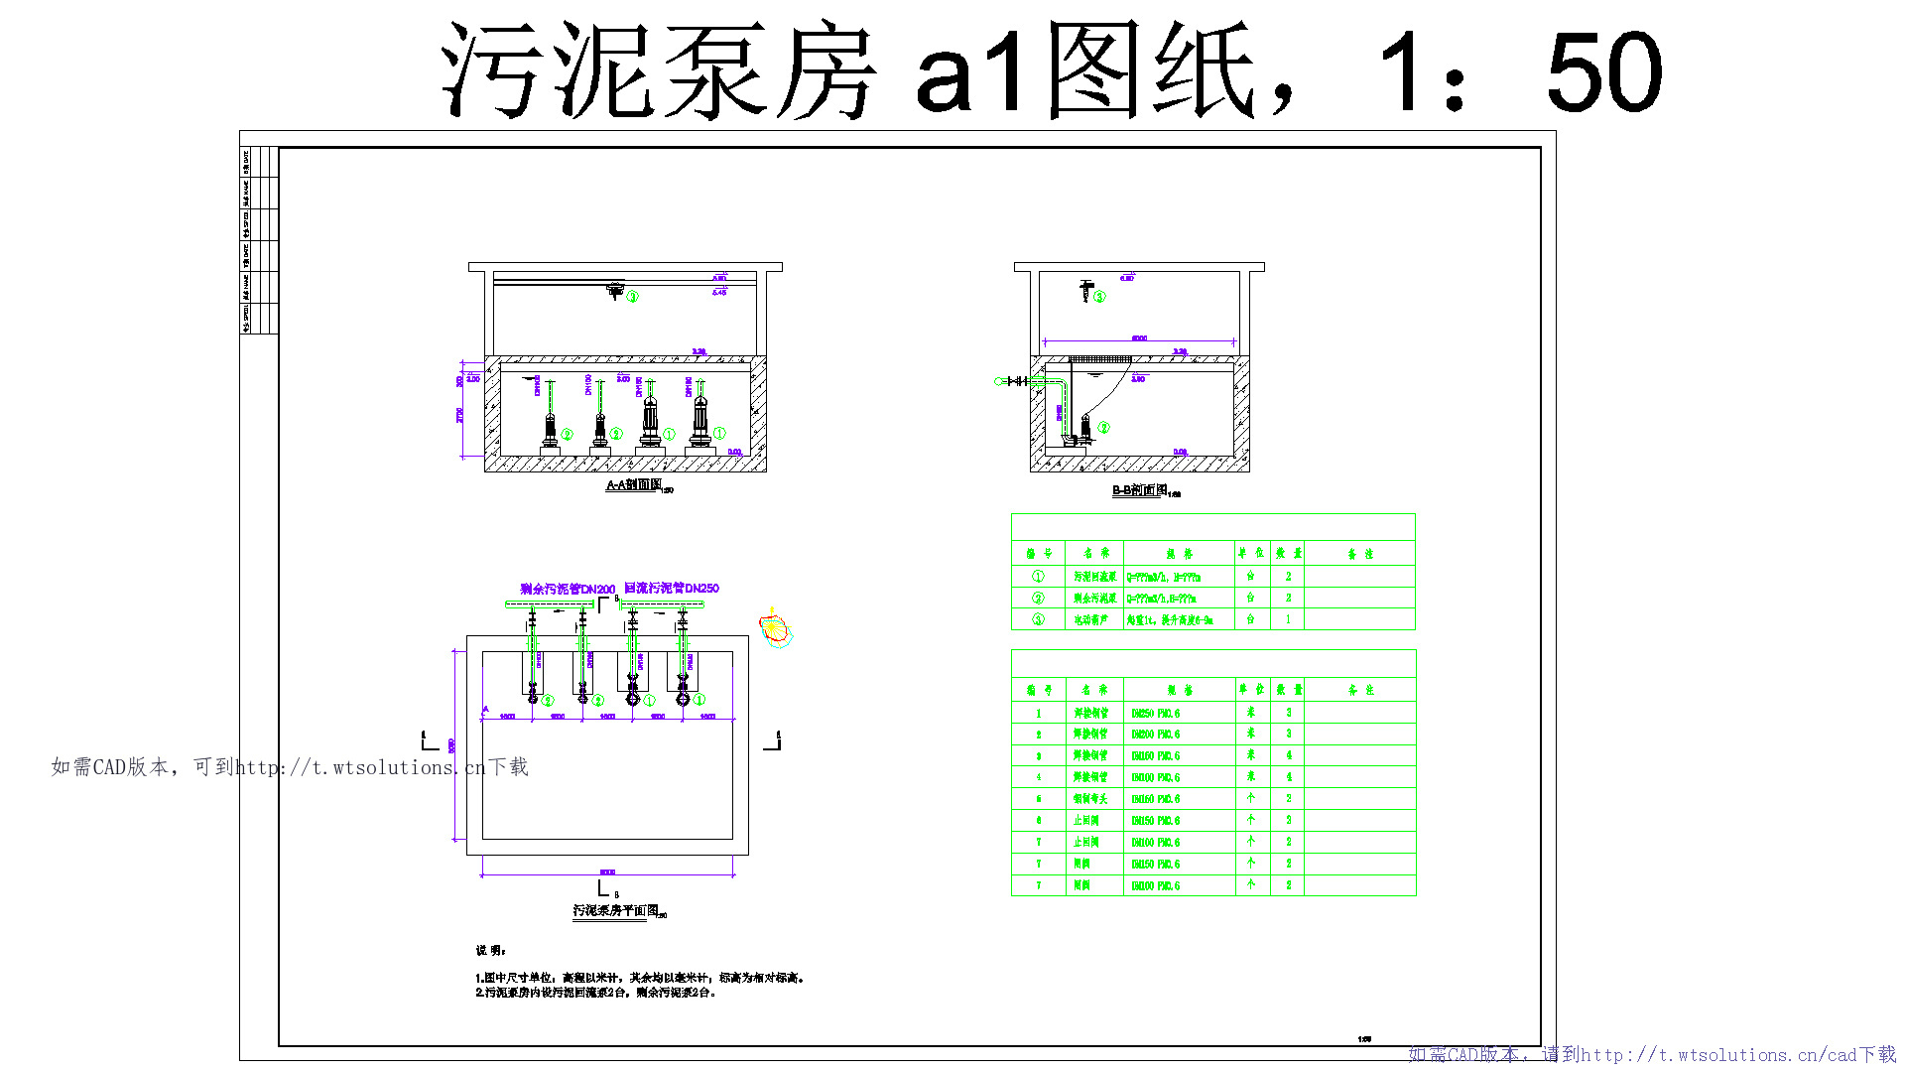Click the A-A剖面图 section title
click(x=634, y=485)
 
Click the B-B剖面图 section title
click(x=1140, y=490)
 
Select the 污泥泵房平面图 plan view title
click(x=615, y=910)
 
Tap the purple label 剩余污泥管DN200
click(x=568, y=590)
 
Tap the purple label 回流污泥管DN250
click(x=672, y=589)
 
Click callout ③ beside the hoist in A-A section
click(x=632, y=296)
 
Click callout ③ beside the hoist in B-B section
click(x=1099, y=296)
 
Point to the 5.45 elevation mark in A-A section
click(x=719, y=292)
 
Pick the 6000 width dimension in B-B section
click(x=1139, y=338)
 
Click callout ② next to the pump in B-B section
click(x=1103, y=428)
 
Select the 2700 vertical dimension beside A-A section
click(x=459, y=415)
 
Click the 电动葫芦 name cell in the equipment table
click(x=1091, y=619)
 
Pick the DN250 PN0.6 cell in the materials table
click(x=1156, y=714)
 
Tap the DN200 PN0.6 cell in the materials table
click(x=1156, y=735)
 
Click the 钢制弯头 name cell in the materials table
click(x=1090, y=799)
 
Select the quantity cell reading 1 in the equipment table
click(x=1288, y=619)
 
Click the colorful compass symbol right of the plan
click(x=774, y=628)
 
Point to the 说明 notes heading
click(x=490, y=950)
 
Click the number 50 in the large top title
click(x=1603, y=71)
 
